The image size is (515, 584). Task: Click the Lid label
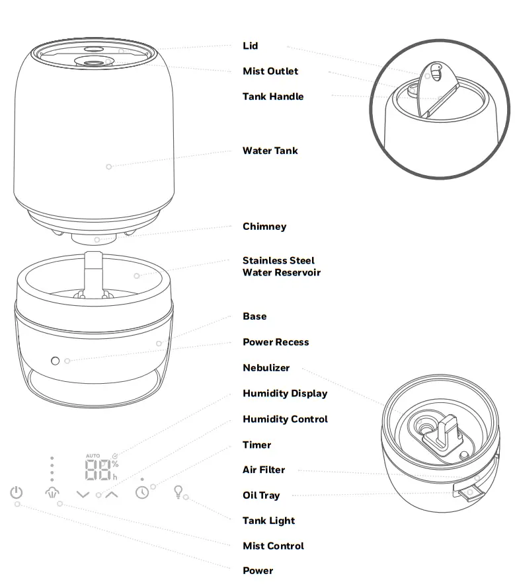tap(250, 46)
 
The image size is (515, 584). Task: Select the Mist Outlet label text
tap(270, 71)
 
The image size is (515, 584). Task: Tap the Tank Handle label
tap(272, 96)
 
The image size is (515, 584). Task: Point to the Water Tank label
tap(270, 151)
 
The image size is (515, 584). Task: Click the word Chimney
tap(264, 227)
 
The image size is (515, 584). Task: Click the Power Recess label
tap(275, 342)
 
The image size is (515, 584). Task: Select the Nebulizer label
tap(266, 368)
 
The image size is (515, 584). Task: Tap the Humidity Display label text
tap(284, 394)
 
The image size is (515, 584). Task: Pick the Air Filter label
tap(263, 470)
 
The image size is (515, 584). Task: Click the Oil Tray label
tap(260, 495)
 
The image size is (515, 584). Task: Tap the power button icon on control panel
tap(17, 493)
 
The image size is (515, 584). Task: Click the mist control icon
tap(52, 493)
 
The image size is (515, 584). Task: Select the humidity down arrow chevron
tap(83, 493)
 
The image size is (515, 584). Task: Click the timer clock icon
tap(142, 493)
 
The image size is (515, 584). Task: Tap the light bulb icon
tap(177, 492)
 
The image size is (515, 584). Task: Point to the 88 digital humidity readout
tap(97, 470)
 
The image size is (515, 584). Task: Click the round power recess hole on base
tap(56, 361)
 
